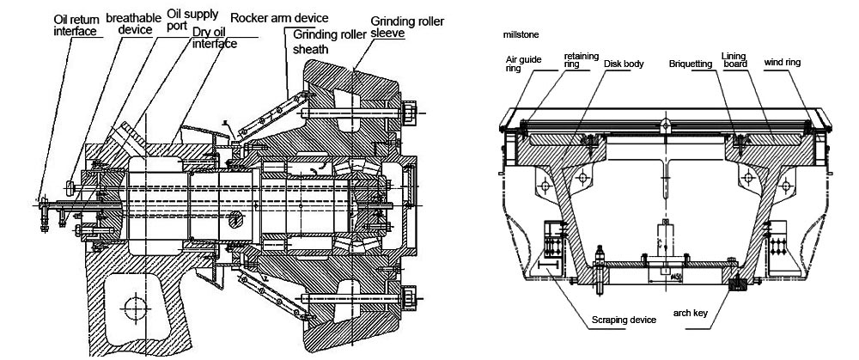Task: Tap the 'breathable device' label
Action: click(129, 23)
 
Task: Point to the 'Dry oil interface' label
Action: click(213, 38)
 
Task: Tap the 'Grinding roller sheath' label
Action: click(330, 42)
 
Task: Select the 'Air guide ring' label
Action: click(521, 64)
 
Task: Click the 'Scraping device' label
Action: click(623, 320)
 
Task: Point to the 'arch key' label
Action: click(690, 314)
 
